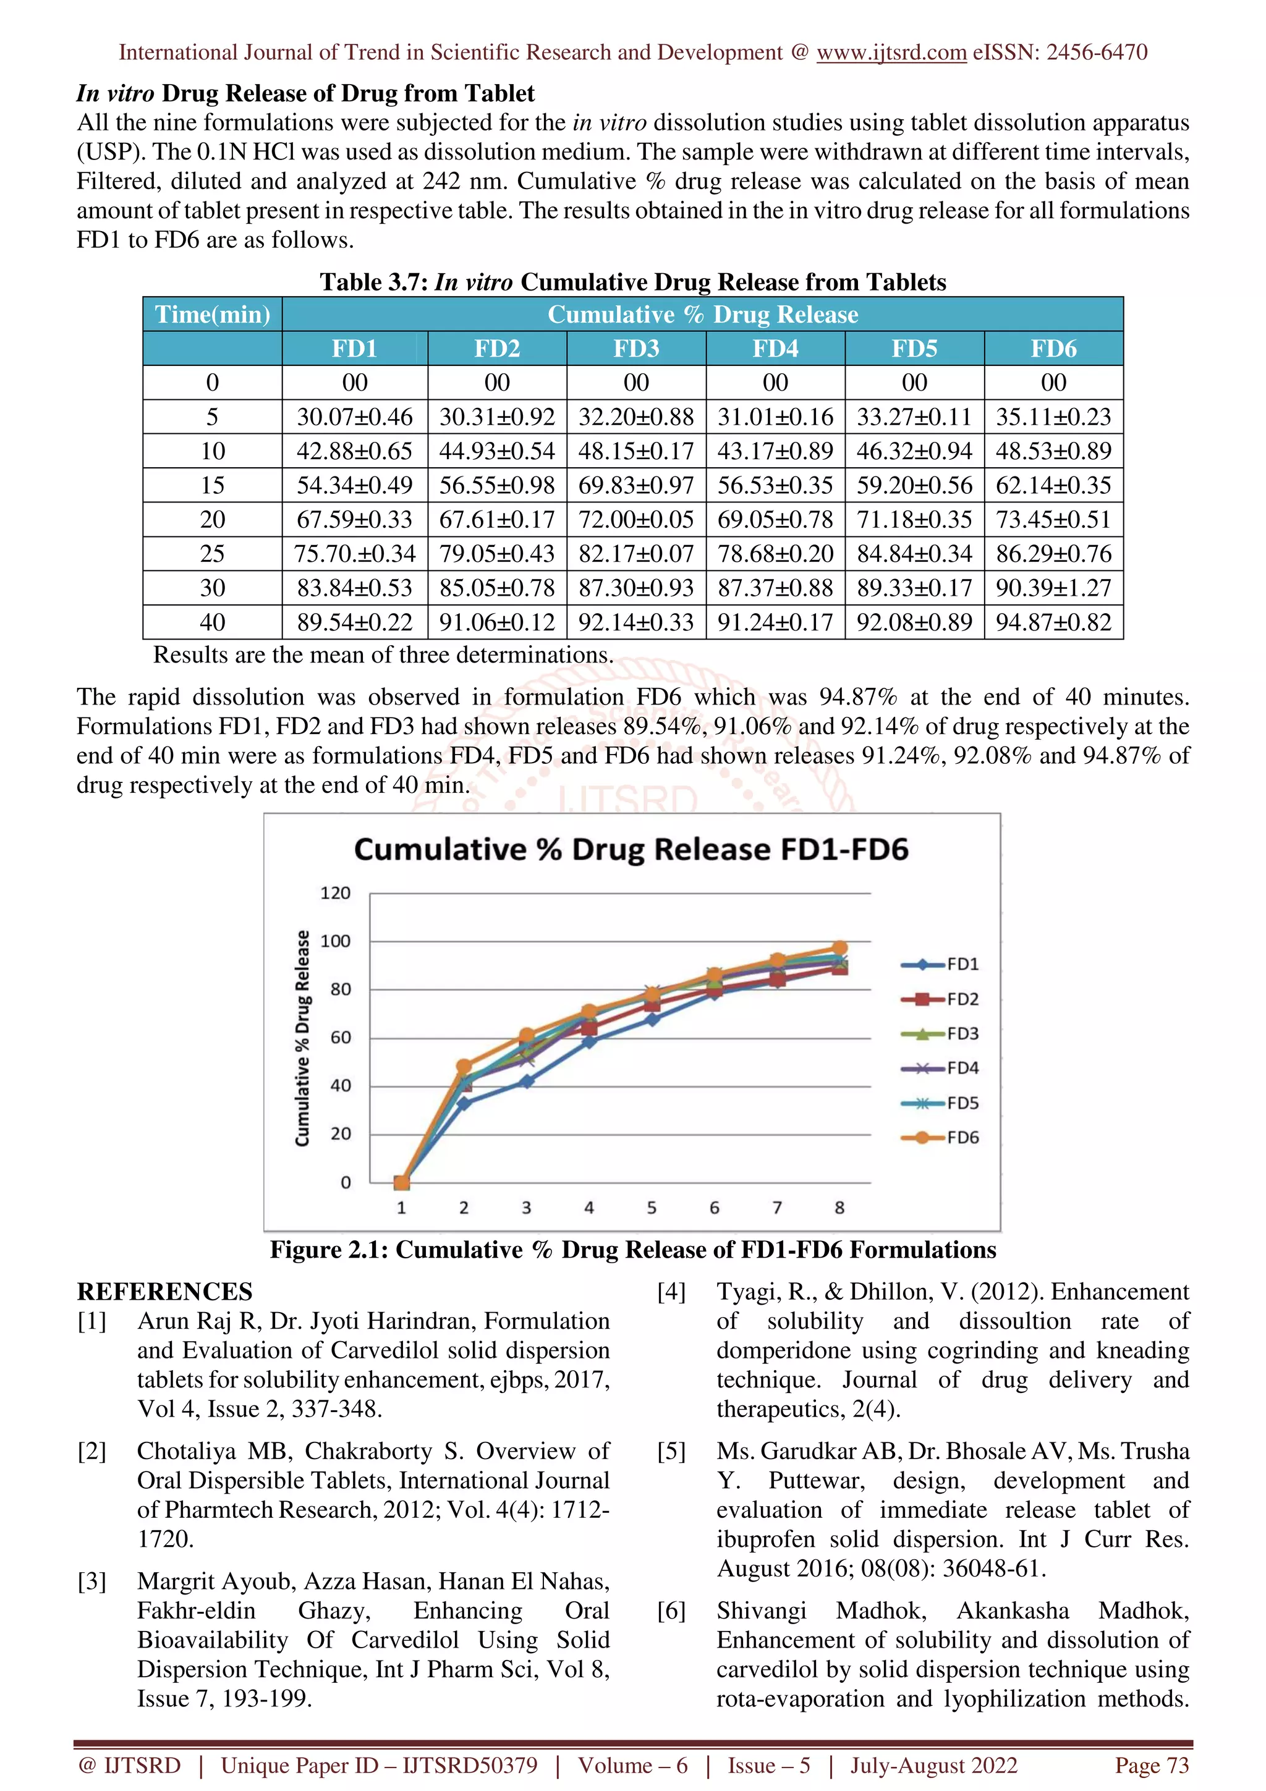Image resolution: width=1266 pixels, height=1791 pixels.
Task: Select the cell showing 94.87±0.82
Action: (1053, 622)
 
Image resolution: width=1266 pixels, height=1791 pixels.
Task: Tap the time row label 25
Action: (212, 554)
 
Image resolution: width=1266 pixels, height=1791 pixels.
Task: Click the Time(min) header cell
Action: (212, 315)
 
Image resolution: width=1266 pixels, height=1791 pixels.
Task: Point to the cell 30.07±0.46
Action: (354, 417)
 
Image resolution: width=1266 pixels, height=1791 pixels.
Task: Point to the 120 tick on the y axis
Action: (336, 893)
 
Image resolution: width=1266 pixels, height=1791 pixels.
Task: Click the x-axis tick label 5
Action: (652, 1208)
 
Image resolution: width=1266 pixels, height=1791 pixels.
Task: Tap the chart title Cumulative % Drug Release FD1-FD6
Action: (631, 850)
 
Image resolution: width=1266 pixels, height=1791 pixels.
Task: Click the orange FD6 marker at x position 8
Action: (839, 949)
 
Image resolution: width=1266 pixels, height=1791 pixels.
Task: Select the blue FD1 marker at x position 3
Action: (527, 1081)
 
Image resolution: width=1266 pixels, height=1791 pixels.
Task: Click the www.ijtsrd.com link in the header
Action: (891, 53)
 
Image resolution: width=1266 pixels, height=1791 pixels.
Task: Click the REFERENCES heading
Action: (164, 1292)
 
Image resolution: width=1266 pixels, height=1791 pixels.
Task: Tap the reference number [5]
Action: (671, 1451)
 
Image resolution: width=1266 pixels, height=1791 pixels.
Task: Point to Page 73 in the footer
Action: (1152, 1765)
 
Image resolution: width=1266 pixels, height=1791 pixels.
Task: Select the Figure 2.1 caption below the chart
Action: (632, 1250)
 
